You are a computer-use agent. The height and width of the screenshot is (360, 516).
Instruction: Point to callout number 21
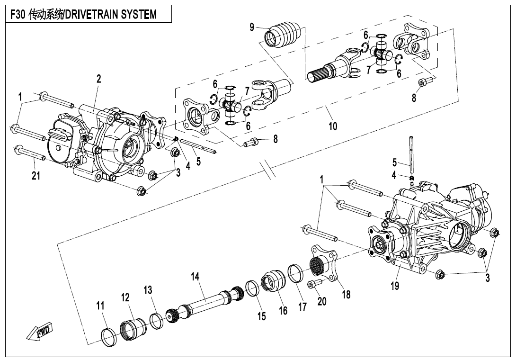[36, 176]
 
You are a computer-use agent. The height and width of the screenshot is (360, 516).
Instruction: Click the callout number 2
[98, 80]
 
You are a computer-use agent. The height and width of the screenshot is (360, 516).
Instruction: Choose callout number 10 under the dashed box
[333, 126]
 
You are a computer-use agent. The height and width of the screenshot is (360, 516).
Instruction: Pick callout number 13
[148, 289]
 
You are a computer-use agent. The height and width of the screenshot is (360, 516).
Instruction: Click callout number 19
[394, 286]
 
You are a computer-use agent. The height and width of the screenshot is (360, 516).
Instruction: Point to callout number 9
[252, 27]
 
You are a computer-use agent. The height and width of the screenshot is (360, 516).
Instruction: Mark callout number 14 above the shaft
[196, 276]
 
